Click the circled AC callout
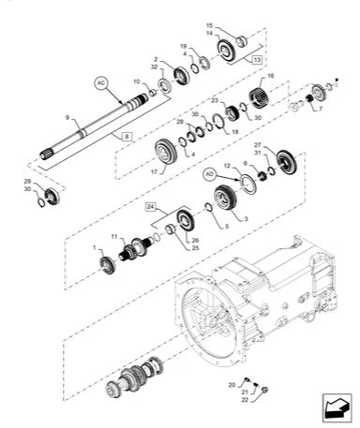tap(101, 82)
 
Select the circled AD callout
tap(209, 175)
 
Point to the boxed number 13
tap(256, 58)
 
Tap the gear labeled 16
tap(262, 95)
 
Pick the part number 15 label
tap(210, 25)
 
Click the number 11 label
tap(114, 237)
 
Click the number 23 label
tap(214, 100)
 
